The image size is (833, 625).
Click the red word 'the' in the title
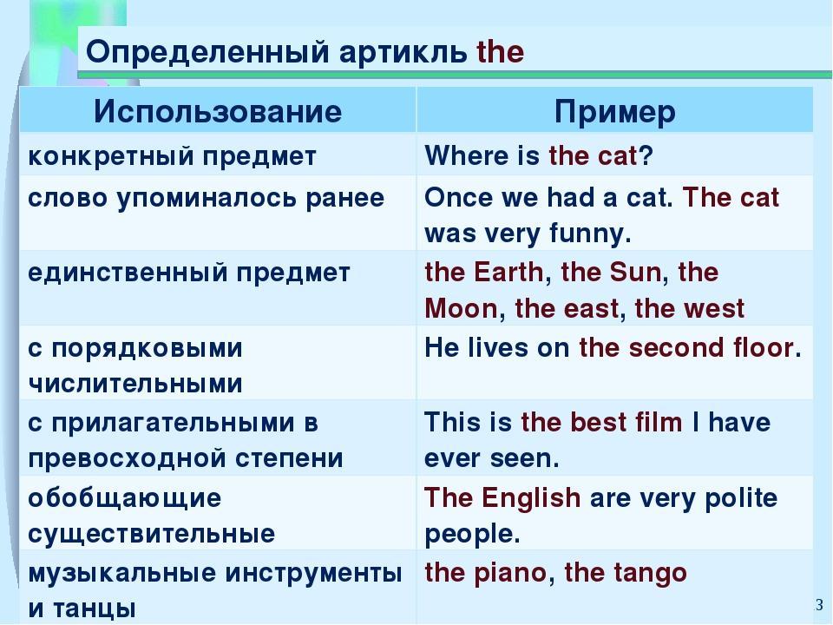click(501, 52)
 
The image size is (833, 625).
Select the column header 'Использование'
click(218, 111)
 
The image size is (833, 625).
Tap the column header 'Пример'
click(615, 112)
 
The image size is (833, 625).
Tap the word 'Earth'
click(508, 272)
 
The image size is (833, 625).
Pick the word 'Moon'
click(461, 309)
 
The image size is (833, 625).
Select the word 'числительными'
click(135, 384)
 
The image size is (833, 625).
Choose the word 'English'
click(531, 499)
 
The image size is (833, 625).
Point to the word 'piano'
click(509, 574)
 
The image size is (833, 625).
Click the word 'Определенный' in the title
click(207, 53)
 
